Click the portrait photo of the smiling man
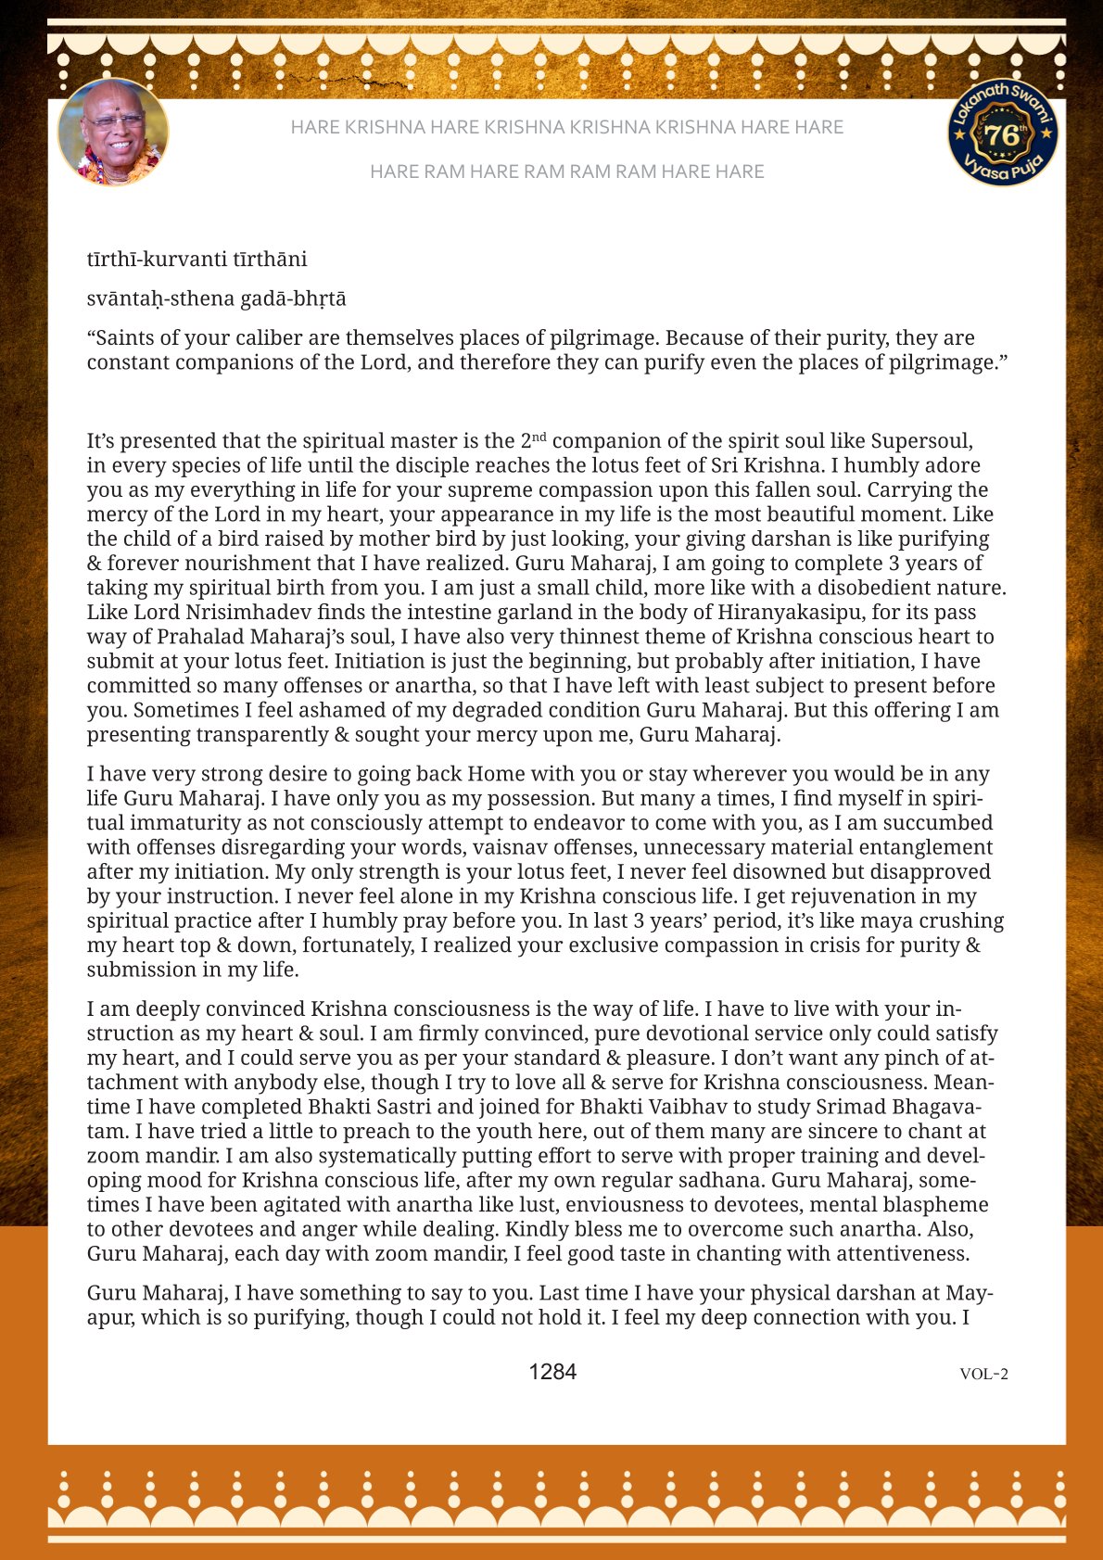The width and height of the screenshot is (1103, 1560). coord(113,132)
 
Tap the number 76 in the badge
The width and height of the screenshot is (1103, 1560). coord(1003,135)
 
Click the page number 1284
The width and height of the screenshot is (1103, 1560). coord(552,1372)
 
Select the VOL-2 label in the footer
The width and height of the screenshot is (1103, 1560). coord(983,1374)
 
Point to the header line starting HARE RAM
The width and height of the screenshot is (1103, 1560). coord(566,171)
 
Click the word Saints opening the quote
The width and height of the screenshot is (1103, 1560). coord(127,338)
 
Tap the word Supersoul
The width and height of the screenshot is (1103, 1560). coord(921,441)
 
